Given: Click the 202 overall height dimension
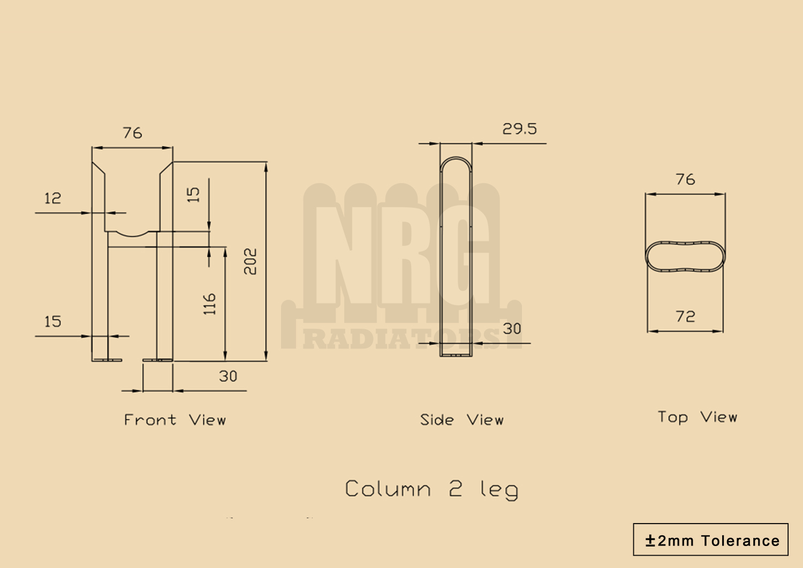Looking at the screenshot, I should coord(250,261).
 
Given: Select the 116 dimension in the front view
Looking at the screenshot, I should coord(209,304).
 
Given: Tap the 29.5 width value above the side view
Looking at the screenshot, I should coord(519,129).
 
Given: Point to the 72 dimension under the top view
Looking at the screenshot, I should coord(685,317).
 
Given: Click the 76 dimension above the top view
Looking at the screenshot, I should coord(685,179).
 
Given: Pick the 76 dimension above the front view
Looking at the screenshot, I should coord(132,133).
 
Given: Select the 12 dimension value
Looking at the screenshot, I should coord(52,199).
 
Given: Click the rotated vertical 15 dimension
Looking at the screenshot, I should coord(193,194).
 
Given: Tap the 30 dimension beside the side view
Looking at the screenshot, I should coord(512,329).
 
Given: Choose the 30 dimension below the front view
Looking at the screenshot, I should coord(228,376).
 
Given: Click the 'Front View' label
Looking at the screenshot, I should coord(175,420).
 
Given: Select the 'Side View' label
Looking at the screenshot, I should coord(461,420).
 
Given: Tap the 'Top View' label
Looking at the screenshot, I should coord(697,417).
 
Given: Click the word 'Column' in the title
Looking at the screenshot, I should coord(388,489).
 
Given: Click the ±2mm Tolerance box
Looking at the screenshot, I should coord(710,540).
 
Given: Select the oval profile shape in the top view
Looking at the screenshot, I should coord(685,256).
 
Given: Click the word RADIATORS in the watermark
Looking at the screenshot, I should coord(401,339).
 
